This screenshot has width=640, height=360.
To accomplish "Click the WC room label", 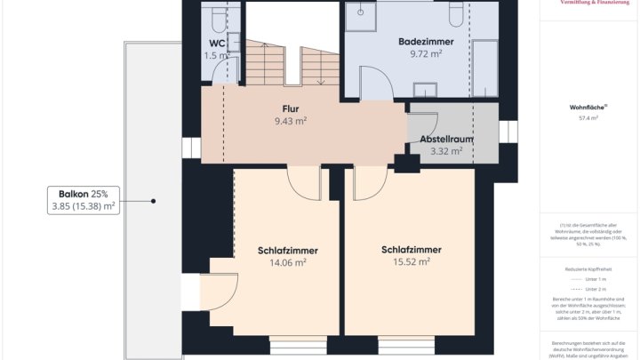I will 217,43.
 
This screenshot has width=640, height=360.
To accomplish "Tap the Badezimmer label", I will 426,41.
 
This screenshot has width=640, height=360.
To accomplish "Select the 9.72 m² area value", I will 426,53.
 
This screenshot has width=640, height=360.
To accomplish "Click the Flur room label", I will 290,109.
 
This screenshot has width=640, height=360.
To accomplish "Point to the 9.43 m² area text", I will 290,121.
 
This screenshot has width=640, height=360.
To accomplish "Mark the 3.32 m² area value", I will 446,151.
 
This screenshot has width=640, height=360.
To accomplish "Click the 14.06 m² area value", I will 287,262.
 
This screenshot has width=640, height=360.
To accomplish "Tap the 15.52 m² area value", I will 411,261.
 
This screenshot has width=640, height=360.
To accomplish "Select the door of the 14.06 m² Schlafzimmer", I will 305,182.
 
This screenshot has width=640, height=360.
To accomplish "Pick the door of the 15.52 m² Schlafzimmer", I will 369,182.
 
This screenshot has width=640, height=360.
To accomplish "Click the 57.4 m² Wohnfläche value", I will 588,117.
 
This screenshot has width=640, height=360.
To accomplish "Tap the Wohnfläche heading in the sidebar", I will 587,107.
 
